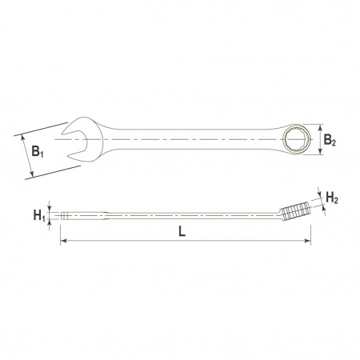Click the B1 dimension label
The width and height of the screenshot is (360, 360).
click(x=38, y=151)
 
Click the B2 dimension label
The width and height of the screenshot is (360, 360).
click(x=330, y=140)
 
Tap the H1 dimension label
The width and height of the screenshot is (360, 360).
click(x=39, y=215)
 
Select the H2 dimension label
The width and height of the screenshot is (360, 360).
click(x=332, y=198)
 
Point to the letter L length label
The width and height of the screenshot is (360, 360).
click(x=182, y=231)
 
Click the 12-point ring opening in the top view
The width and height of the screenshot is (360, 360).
click(x=297, y=139)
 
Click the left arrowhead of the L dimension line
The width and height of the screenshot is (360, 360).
click(x=63, y=241)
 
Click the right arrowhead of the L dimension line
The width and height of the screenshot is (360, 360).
click(x=307, y=241)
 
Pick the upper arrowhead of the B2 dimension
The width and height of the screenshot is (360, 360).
click(x=320, y=127)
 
